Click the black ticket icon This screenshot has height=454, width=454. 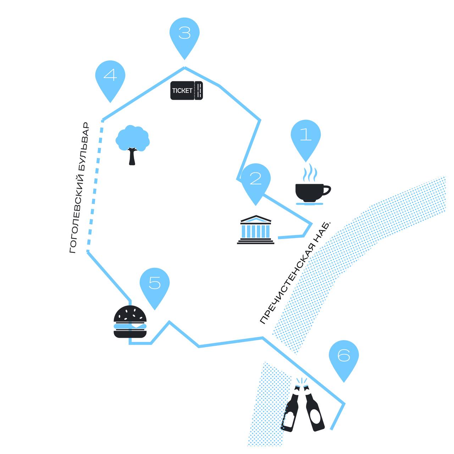point(186,90)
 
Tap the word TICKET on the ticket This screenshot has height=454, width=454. point(182,91)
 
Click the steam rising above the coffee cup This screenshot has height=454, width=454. point(310,173)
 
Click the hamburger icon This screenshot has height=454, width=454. point(130,322)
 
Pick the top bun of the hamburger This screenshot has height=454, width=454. point(130,314)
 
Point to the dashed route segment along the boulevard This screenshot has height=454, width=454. point(95,186)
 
